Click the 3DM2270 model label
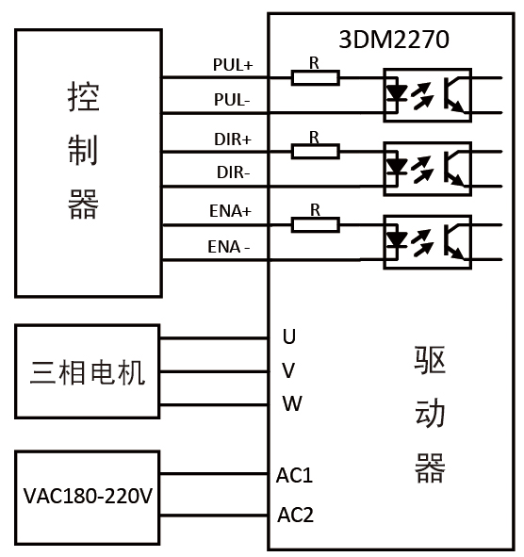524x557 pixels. pos(393,40)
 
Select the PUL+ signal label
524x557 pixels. pos(232,65)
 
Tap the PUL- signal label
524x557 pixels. pos(232,99)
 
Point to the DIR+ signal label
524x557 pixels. pos(232,139)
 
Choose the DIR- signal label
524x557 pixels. pos(232,173)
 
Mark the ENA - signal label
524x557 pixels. pos(229,248)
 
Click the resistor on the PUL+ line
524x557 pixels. pos(315,77)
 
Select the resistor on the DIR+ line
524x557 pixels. pos(315,151)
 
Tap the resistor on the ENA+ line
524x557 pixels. pos(315,224)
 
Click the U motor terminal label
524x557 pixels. pos(289,336)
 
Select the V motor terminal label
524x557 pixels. pos(289,369)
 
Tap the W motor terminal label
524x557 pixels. pos(291,404)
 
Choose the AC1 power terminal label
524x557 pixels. pos(295,475)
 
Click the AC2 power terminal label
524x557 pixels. pos(295,516)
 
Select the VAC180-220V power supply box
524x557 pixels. pos(88,496)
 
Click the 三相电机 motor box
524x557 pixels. pos(88,371)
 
